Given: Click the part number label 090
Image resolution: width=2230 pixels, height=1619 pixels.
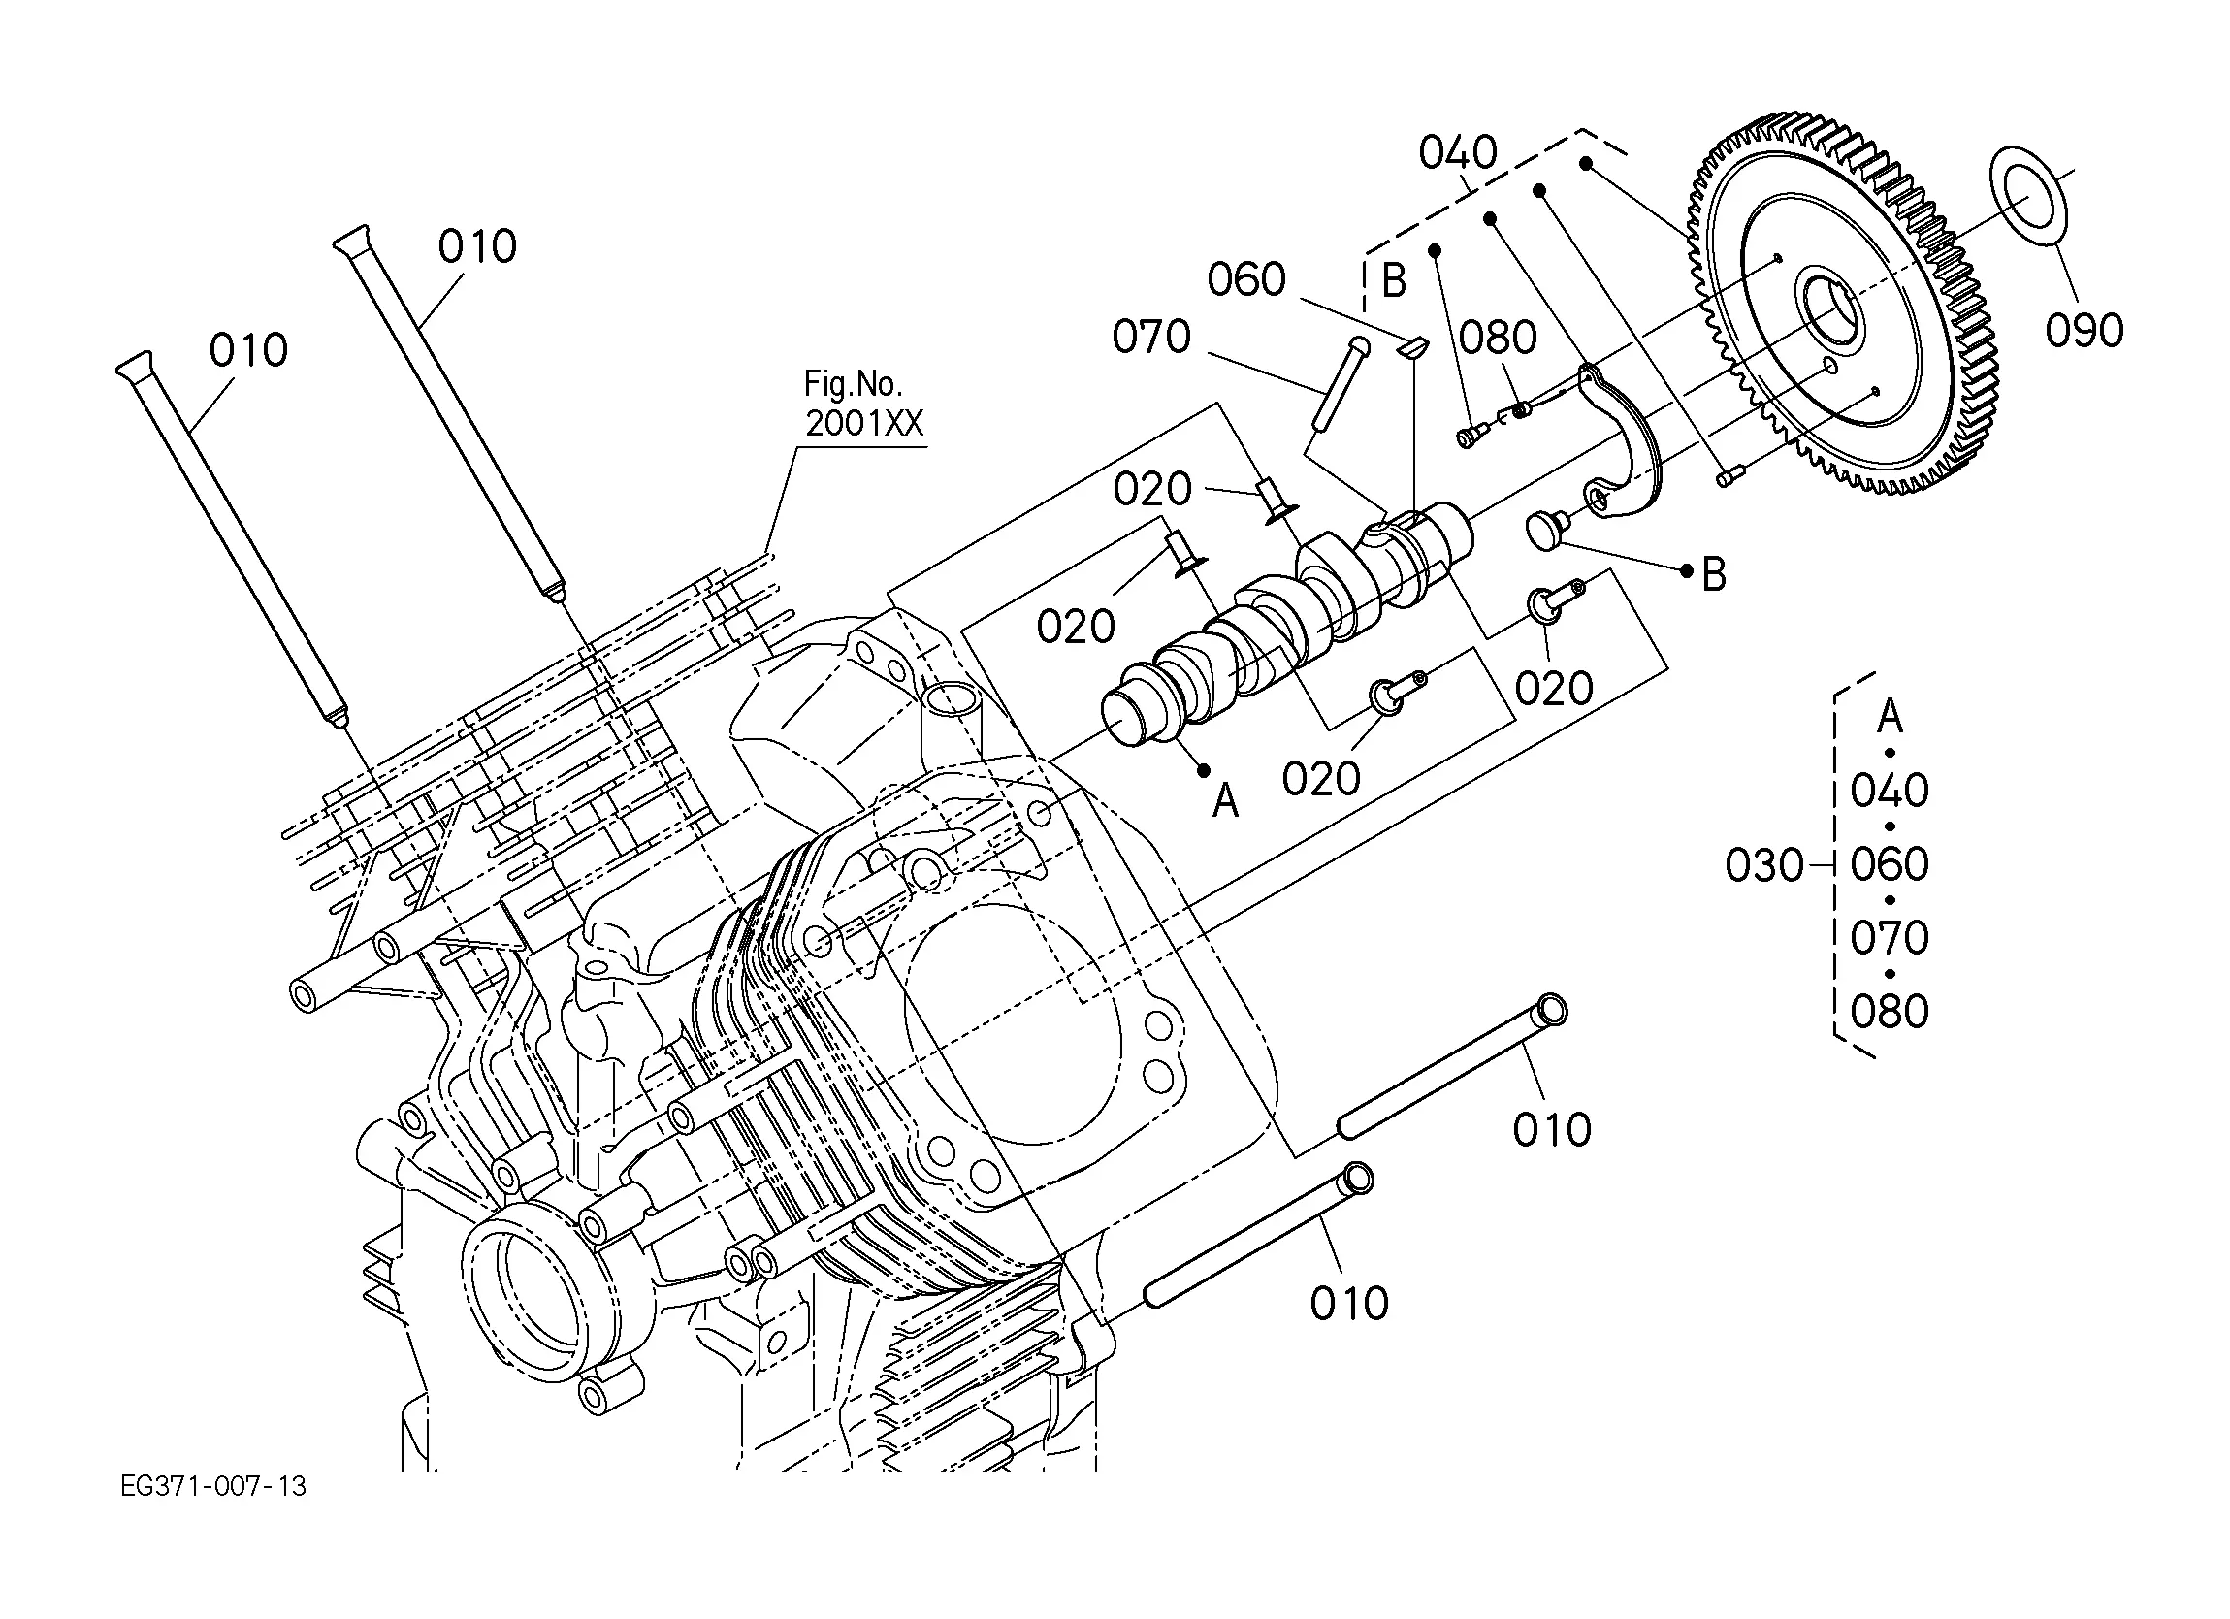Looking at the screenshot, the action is tap(2085, 331).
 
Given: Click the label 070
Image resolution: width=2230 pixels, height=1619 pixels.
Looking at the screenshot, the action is tap(1151, 337).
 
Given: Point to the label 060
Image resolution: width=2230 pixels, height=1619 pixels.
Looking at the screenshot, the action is tap(1246, 279).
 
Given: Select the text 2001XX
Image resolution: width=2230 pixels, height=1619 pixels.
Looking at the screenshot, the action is tap(865, 423).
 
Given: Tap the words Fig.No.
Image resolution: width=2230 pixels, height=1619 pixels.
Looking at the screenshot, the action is tap(854, 382).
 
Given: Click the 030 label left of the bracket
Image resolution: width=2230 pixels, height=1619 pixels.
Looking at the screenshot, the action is tap(1764, 865).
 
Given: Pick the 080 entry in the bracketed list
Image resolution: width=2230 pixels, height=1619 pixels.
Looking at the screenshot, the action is tap(1890, 1011).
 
